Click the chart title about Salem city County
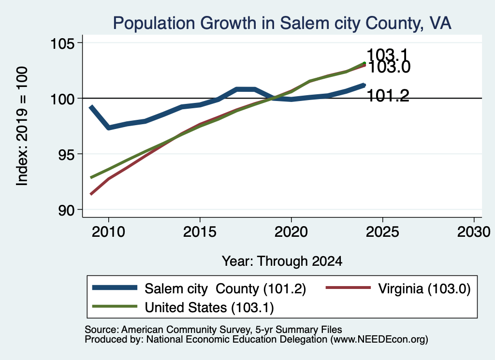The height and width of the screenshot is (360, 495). pos(282,23)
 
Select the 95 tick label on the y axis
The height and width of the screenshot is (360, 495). pos(67,154)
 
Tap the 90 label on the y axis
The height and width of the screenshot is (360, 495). pos(67,210)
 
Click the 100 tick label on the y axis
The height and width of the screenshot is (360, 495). pos(63,99)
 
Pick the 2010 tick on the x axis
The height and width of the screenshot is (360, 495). pos(108,232)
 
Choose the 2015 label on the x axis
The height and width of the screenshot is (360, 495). pos(200,232)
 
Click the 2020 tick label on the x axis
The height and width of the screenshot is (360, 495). pos(291,232)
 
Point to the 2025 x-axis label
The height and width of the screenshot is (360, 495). pos(382,232)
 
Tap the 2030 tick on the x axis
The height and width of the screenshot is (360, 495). pos(474,232)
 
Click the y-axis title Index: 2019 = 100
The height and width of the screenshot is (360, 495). pos(22,126)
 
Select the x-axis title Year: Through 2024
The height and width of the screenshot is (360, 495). pos(282,261)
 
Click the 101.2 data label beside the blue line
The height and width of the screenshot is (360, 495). pos(388,96)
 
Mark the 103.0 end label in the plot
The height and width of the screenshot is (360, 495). pos(389,67)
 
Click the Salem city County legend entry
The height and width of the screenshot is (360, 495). pos(199,288)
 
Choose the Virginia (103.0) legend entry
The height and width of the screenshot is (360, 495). pos(398,288)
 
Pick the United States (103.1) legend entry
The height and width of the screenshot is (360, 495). pos(183,307)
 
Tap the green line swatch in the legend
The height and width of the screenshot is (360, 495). pos(115,306)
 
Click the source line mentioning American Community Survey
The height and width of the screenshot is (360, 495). pos(213,330)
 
